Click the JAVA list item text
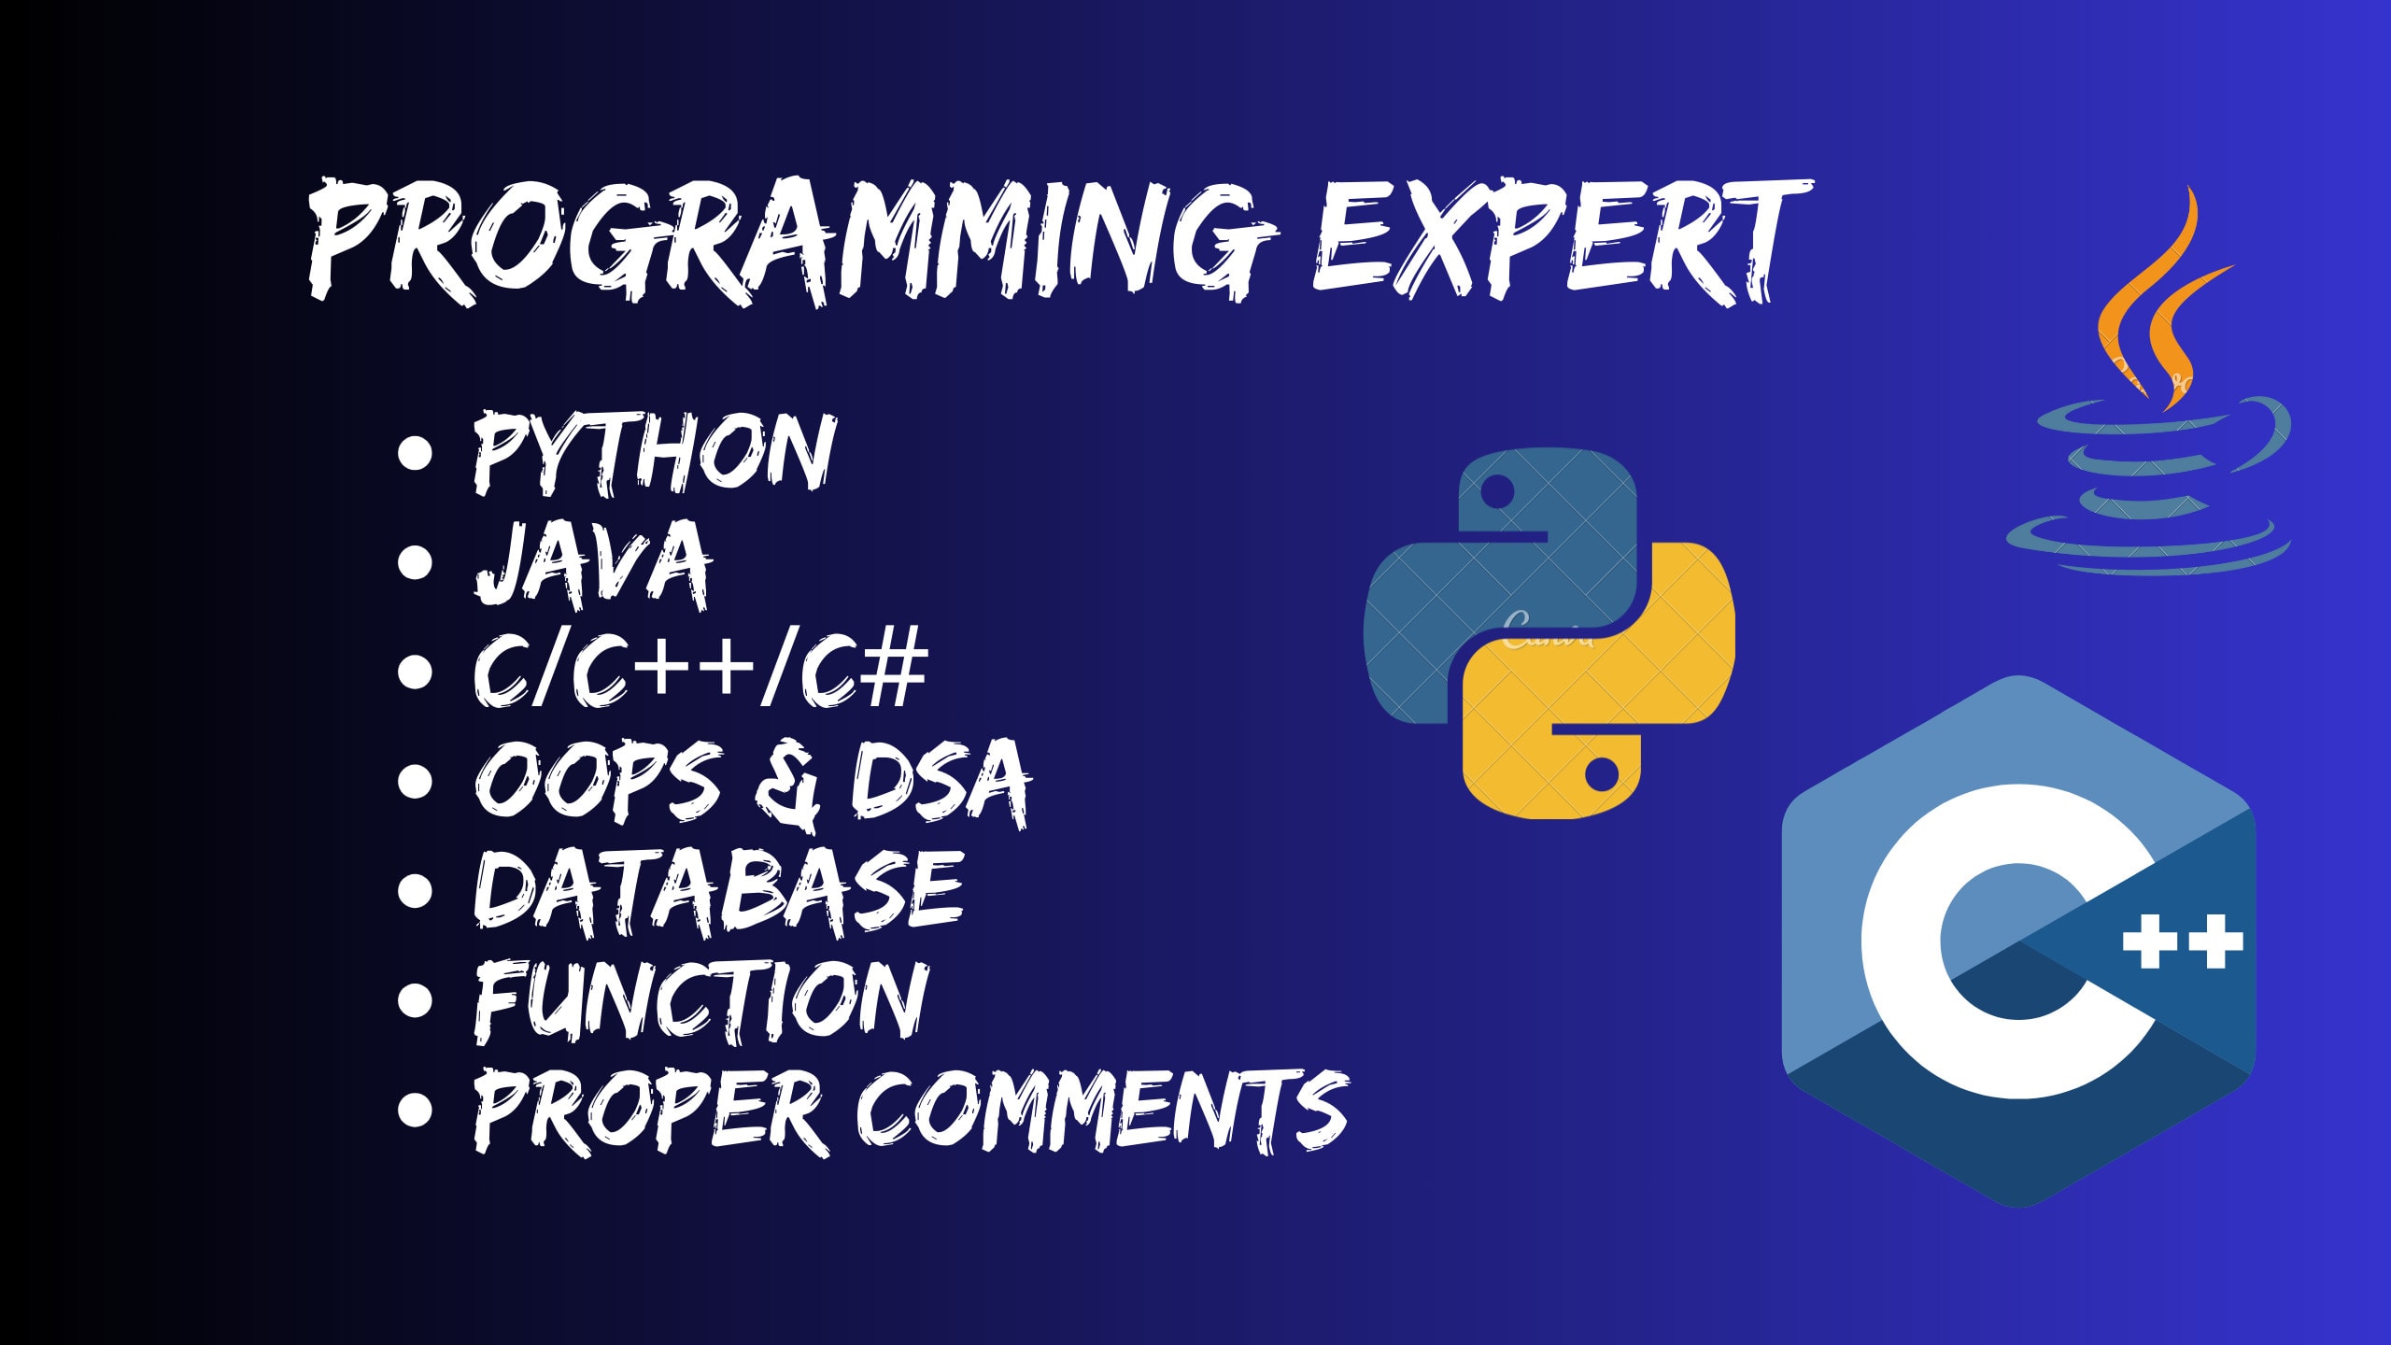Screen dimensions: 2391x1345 (593, 563)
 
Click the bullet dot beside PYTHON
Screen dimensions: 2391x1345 (415, 454)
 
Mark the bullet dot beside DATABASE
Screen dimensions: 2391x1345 (415, 890)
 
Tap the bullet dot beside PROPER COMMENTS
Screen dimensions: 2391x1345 (415, 1109)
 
